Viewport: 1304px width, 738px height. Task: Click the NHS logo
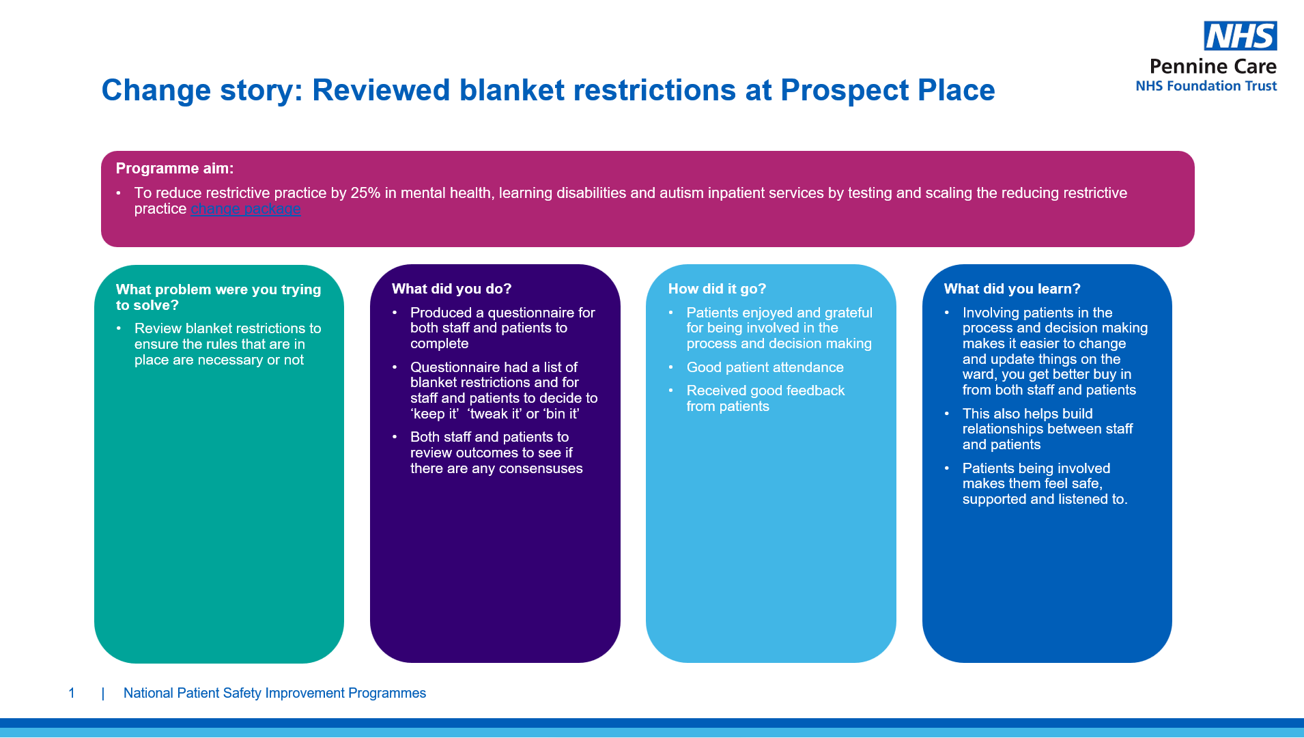click(x=1240, y=36)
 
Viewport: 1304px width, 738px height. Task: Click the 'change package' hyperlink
click(x=246, y=209)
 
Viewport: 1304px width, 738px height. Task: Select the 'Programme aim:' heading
click(x=175, y=168)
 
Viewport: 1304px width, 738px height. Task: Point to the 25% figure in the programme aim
click(x=365, y=193)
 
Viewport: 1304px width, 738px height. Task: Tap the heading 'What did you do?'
click(x=451, y=289)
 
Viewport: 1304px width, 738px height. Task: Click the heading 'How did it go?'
click(x=717, y=289)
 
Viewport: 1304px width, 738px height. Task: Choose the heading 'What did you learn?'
click(x=1012, y=289)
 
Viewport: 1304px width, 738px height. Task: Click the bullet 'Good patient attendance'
click(x=765, y=367)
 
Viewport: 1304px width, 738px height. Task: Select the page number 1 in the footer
click(x=72, y=693)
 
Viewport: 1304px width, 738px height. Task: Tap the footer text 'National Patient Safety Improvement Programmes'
click(x=274, y=693)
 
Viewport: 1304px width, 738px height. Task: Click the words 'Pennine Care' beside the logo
click(x=1213, y=66)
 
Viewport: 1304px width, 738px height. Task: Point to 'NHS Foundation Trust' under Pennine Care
click(x=1206, y=86)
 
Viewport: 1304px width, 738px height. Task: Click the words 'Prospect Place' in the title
click(x=888, y=90)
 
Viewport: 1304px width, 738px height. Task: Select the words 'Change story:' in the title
click(x=202, y=90)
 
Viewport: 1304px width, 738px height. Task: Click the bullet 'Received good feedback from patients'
click(x=765, y=398)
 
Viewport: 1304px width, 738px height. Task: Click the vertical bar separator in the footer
click(x=103, y=694)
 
